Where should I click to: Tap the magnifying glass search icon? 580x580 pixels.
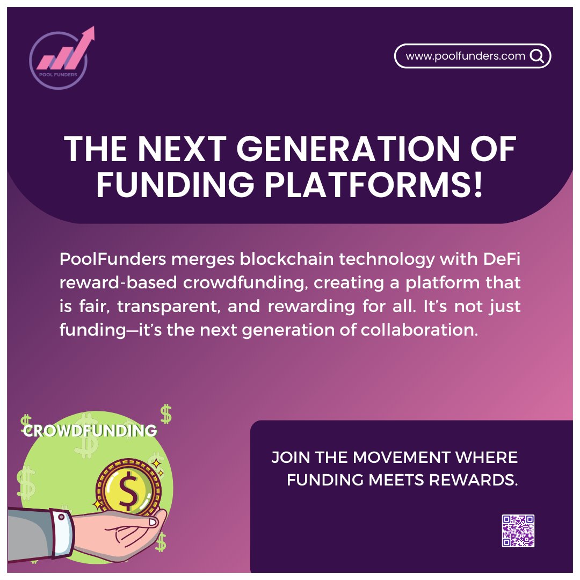536,56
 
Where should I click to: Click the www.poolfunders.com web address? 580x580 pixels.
465,56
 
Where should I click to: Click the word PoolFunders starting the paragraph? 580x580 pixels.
112,259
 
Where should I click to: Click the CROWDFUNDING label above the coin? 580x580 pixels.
90,430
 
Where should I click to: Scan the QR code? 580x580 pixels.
518,531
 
